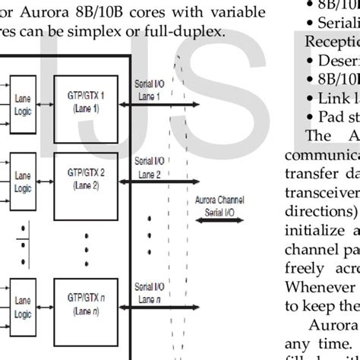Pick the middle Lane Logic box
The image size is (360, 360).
click(x=24, y=182)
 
